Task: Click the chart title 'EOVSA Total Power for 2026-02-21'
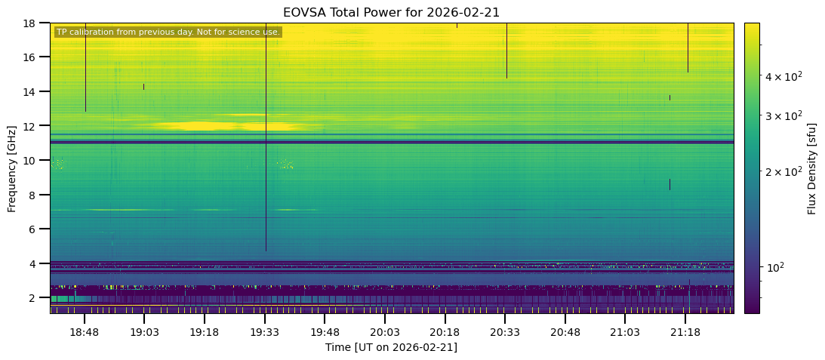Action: click(391, 12)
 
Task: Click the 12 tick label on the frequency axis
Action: click(34, 126)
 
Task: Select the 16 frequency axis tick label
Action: click(34, 57)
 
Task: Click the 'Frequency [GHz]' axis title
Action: click(13, 168)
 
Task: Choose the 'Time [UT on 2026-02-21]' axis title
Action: click(391, 347)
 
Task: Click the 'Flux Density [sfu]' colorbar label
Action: click(812, 168)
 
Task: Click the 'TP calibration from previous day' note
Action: click(168, 32)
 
